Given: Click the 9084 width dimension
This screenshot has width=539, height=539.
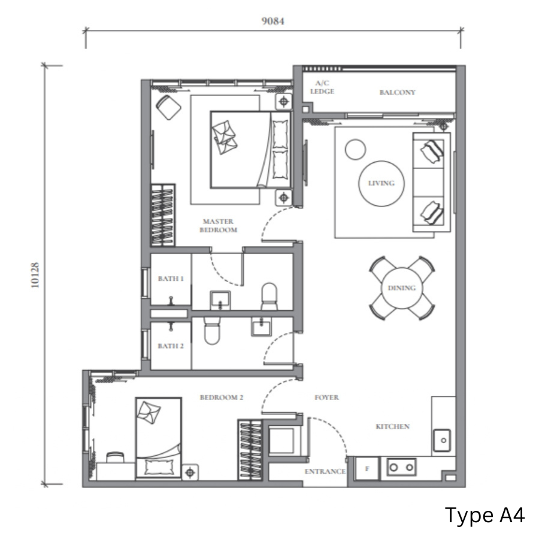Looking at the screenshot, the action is (x=273, y=22).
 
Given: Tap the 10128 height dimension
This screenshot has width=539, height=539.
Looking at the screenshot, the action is (x=35, y=275).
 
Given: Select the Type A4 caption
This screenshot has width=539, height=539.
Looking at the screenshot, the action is (x=485, y=515).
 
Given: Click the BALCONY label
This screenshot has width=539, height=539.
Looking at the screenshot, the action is (x=398, y=92).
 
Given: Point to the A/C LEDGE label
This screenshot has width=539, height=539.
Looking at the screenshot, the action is (x=322, y=87).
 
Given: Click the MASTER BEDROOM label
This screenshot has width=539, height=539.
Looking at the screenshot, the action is (x=218, y=226).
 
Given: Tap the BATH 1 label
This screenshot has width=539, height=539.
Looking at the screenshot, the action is (x=171, y=278).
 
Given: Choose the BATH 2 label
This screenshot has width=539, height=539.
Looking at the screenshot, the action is (x=171, y=346).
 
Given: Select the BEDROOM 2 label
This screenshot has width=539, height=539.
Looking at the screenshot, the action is (x=222, y=398).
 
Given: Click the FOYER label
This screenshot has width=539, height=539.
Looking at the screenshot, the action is (x=326, y=398).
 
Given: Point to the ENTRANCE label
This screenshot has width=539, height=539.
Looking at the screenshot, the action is (x=325, y=471).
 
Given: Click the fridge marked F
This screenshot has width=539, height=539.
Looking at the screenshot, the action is (x=367, y=468).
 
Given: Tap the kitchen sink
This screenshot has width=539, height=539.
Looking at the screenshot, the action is (x=442, y=440).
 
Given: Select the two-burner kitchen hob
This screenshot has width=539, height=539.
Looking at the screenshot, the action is (x=401, y=467).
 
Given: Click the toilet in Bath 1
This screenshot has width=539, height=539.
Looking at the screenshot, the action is (x=269, y=296).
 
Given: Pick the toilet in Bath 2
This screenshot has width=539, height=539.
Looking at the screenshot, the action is (x=212, y=331).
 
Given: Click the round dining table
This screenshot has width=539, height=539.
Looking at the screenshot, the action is (x=402, y=288).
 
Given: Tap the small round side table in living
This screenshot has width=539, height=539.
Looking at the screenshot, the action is (x=355, y=150).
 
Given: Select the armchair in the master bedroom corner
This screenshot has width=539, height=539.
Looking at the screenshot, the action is (x=168, y=107).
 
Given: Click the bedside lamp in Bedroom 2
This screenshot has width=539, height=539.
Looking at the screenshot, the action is (x=190, y=473).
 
